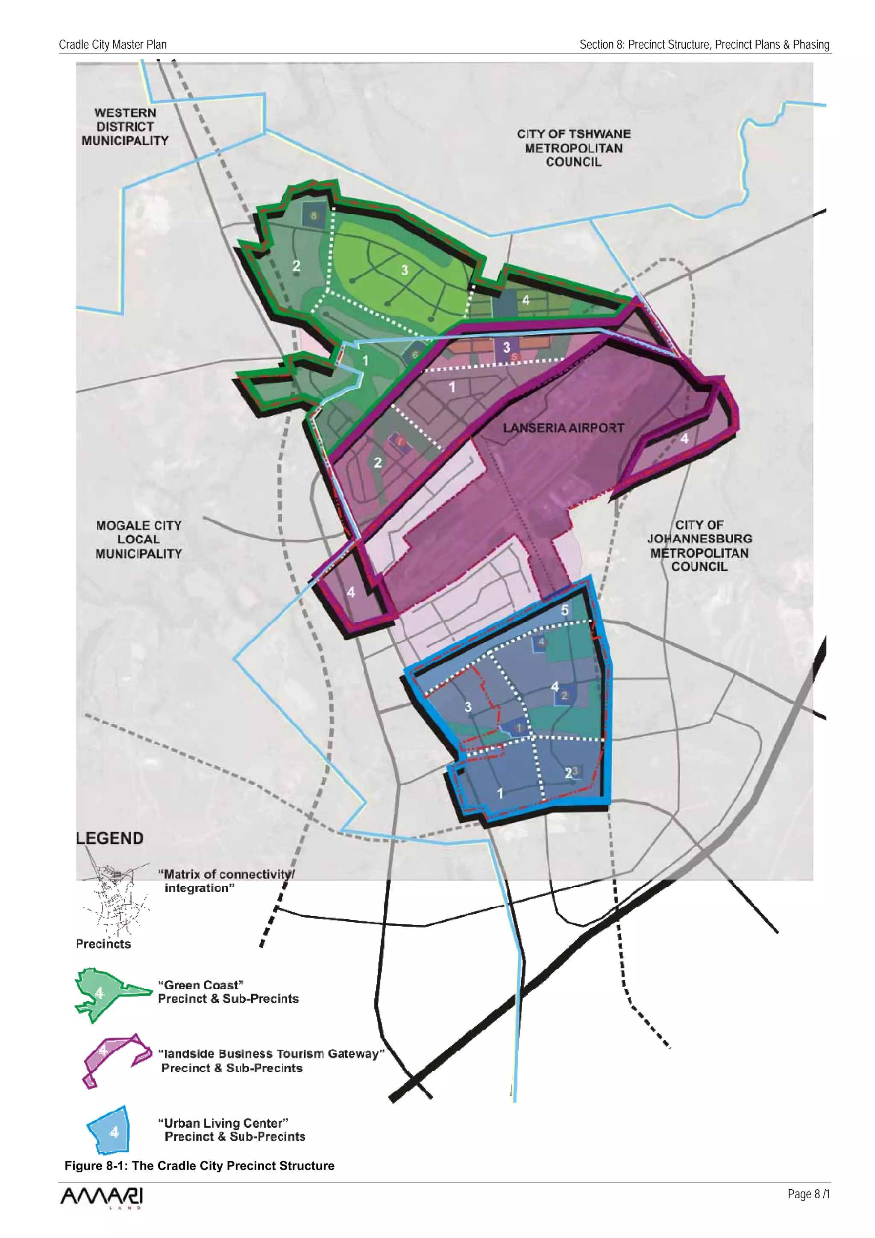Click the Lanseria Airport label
(564, 428)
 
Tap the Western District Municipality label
(125, 127)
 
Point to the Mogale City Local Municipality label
(138, 539)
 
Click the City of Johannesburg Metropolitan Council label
(699, 546)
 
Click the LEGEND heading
(110, 838)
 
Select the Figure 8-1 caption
(200, 1166)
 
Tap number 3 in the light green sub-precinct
(404, 270)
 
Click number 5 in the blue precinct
(564, 610)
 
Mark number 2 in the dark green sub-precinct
(296, 265)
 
